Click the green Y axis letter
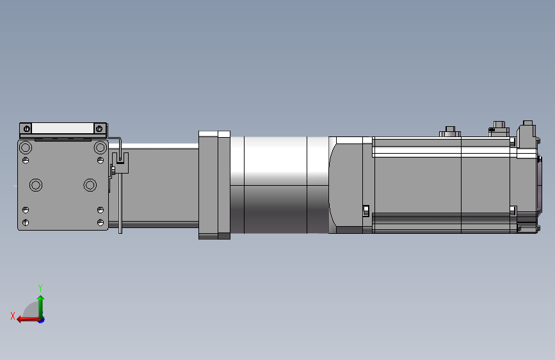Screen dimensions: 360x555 pyautogui.click(x=40, y=287)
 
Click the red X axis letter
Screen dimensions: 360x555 pyautogui.click(x=12, y=315)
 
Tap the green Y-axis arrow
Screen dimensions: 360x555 pyautogui.click(x=40, y=304)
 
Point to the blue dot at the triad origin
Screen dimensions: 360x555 pyautogui.click(x=41, y=319)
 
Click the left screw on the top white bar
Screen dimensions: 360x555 pyautogui.click(x=26, y=129)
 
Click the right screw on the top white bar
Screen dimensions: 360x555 pyautogui.click(x=99, y=129)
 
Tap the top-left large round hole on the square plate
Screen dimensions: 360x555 pyautogui.click(x=26, y=148)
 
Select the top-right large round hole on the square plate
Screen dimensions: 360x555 pyautogui.click(x=100, y=148)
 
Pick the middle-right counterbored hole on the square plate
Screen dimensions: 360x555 pyautogui.click(x=90, y=185)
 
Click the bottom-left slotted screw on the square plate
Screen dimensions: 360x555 pyautogui.click(x=26, y=222)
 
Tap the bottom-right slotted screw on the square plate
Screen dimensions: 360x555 pyautogui.click(x=101, y=222)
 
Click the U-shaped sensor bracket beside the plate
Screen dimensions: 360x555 pyautogui.click(x=120, y=163)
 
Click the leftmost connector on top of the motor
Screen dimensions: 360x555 pyautogui.click(x=449, y=132)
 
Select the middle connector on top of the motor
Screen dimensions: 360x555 pyautogui.click(x=499, y=127)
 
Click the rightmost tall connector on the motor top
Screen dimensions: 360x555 pyautogui.click(x=527, y=131)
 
